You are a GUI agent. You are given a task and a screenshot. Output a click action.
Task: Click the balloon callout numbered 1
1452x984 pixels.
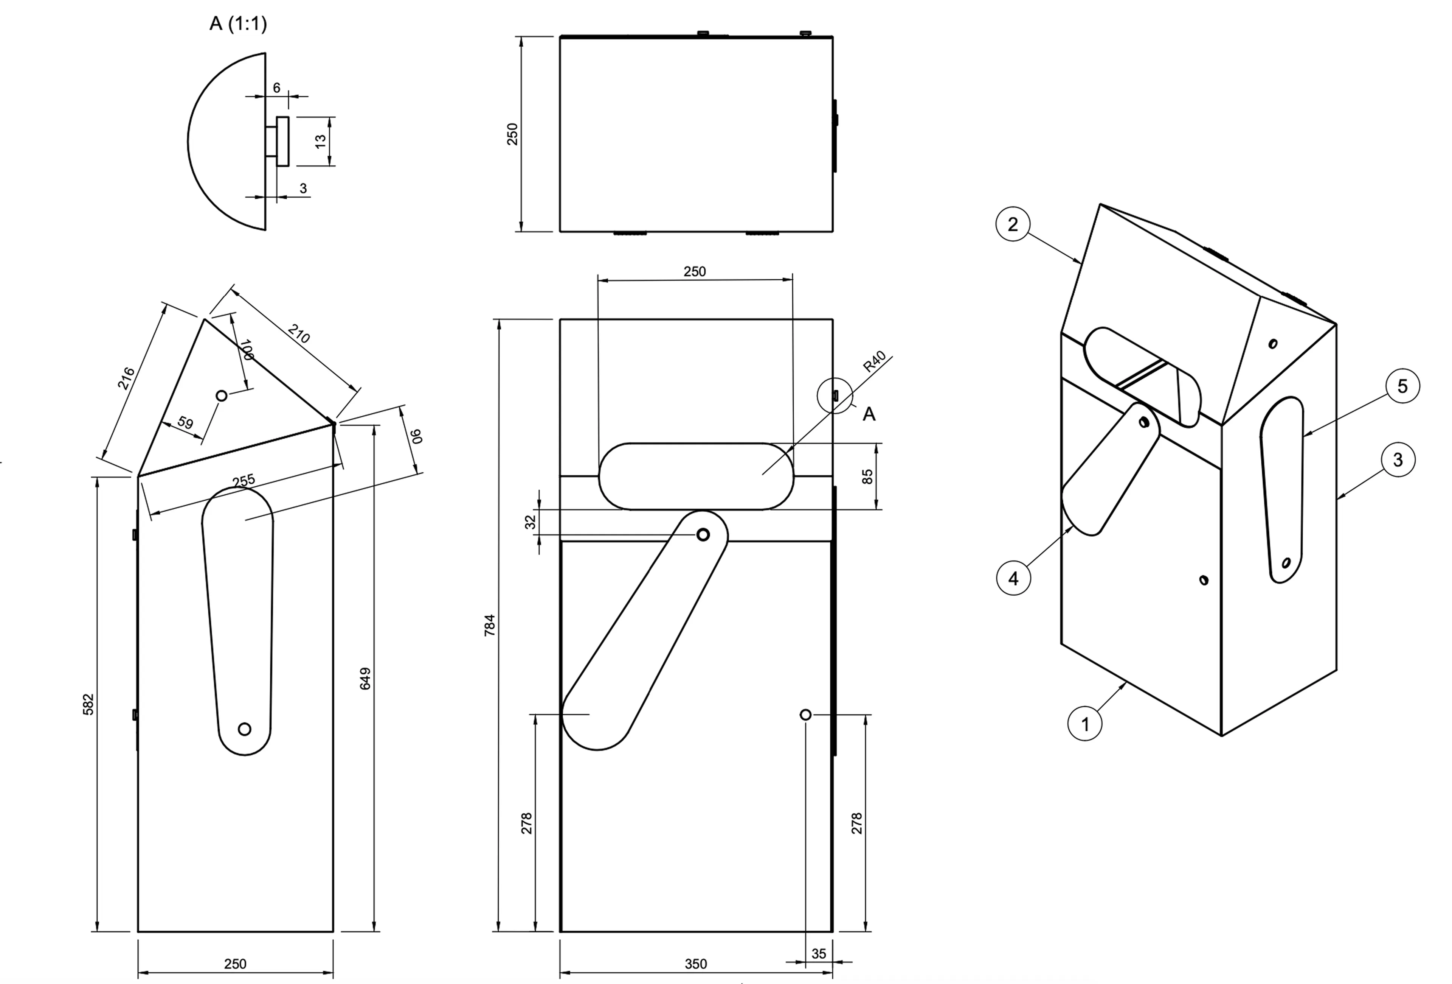coord(1084,724)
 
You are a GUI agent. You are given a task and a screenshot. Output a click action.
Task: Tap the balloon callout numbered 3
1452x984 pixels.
coord(1398,460)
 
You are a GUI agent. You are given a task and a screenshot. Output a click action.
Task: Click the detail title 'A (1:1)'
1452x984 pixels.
coord(238,24)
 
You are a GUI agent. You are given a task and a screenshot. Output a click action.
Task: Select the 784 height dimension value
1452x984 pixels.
coord(490,625)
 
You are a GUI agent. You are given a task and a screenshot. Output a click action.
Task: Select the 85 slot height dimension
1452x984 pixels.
coord(867,476)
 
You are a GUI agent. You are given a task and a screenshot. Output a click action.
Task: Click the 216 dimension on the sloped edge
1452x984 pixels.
coord(126,378)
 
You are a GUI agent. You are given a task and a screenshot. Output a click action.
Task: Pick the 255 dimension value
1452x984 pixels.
coord(244,480)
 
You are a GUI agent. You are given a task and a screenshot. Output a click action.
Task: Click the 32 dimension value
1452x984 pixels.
coord(531,522)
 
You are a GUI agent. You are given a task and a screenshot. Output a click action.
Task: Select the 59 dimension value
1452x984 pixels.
coord(185,423)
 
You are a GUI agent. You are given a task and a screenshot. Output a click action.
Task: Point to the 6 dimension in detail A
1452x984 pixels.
coord(277,88)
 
